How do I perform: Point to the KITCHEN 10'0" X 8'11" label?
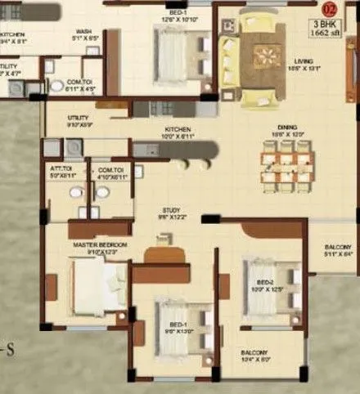click(178, 130)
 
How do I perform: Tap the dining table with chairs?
click(280, 162)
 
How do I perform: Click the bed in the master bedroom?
click(99, 287)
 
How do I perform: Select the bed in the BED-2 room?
click(269, 285)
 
